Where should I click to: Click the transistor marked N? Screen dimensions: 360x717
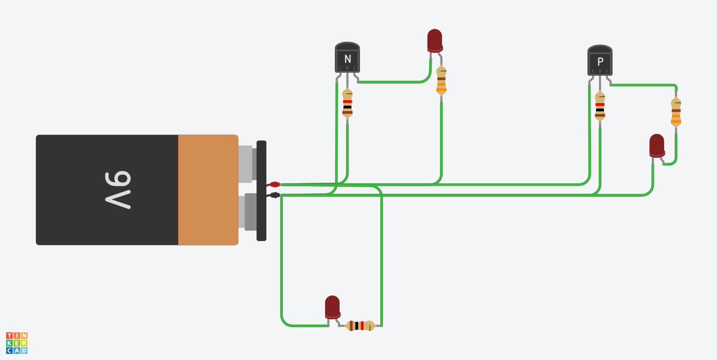[347, 58]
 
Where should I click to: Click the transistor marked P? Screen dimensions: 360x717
[600, 61]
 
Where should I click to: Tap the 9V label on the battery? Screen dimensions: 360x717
[118, 190]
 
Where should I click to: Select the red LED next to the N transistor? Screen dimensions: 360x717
[435, 40]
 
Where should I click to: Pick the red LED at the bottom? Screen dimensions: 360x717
[333, 306]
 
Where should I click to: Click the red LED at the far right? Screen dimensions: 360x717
[657, 145]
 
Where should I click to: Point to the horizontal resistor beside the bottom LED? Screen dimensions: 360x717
[360, 326]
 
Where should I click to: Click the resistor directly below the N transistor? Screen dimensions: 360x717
[348, 102]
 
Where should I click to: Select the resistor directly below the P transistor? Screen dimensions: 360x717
[600, 106]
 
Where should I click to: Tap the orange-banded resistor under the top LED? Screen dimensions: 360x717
[441, 80]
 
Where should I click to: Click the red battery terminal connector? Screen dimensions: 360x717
[274, 184]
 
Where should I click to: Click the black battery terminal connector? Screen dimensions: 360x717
[274, 195]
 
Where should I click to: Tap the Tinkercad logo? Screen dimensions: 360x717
[17, 343]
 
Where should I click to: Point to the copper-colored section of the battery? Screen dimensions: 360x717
[208, 190]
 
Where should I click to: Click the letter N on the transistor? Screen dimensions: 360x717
[348, 59]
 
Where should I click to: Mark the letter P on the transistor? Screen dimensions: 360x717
[600, 62]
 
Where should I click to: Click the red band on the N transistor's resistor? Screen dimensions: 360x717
[348, 102]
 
